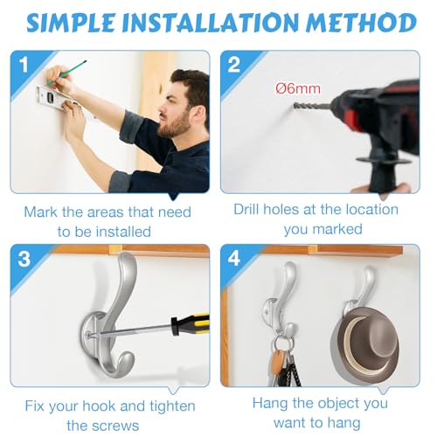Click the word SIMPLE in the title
point(71,23)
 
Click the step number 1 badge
point(24,65)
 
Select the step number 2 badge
point(234,65)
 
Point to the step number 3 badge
point(24,259)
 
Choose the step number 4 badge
point(234,259)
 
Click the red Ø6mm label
point(298,88)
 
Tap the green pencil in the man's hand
point(67,73)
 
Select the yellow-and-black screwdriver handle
point(190,324)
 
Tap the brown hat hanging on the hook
point(364,341)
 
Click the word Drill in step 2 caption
point(246,209)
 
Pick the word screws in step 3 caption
point(119,426)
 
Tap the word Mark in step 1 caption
point(40,212)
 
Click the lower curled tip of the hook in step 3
point(127,360)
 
